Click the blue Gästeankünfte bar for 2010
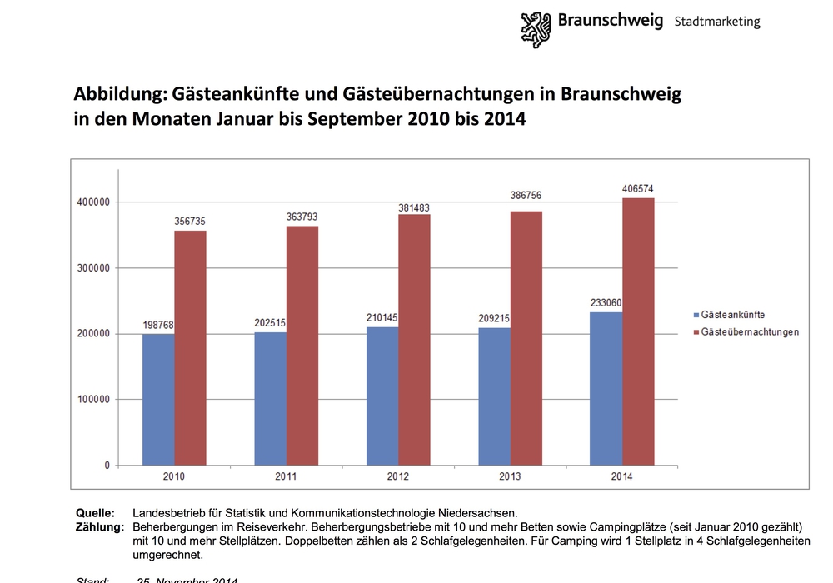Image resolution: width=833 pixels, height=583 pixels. pos(158,399)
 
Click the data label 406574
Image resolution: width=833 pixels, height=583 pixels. pos(638,189)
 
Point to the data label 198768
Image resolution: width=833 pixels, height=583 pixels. pos(157,325)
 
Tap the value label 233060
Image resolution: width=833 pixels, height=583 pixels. pos(606,303)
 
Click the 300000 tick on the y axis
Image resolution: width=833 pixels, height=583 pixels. pos(92,268)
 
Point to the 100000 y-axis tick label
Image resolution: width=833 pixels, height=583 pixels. pos(92,400)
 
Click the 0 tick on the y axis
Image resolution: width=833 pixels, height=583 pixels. pos(106,466)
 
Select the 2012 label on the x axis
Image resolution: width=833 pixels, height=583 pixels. pos(398,476)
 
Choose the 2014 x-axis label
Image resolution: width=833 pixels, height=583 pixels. pos(622,476)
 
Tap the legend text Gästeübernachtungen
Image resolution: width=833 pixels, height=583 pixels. pos(750,332)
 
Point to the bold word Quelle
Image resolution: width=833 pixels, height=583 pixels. pos(95,513)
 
